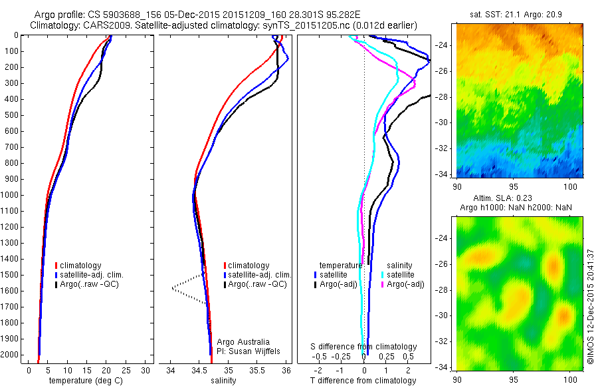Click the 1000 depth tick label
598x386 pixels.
click(11, 195)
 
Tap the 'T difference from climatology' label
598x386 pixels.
click(363, 381)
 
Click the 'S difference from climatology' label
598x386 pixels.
click(364, 347)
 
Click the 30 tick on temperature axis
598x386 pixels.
click(146, 370)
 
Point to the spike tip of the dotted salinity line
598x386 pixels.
click(172, 288)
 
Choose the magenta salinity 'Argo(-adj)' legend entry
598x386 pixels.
click(405, 284)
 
